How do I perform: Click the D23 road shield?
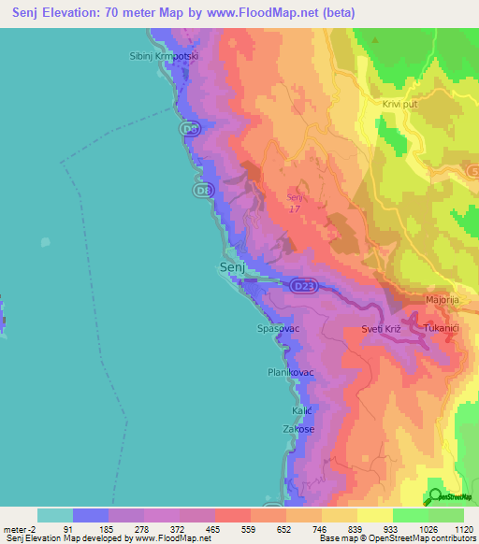point(299,285)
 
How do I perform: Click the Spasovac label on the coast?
point(277,329)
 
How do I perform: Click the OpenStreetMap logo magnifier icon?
point(435,496)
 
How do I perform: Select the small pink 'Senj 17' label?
point(296,202)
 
